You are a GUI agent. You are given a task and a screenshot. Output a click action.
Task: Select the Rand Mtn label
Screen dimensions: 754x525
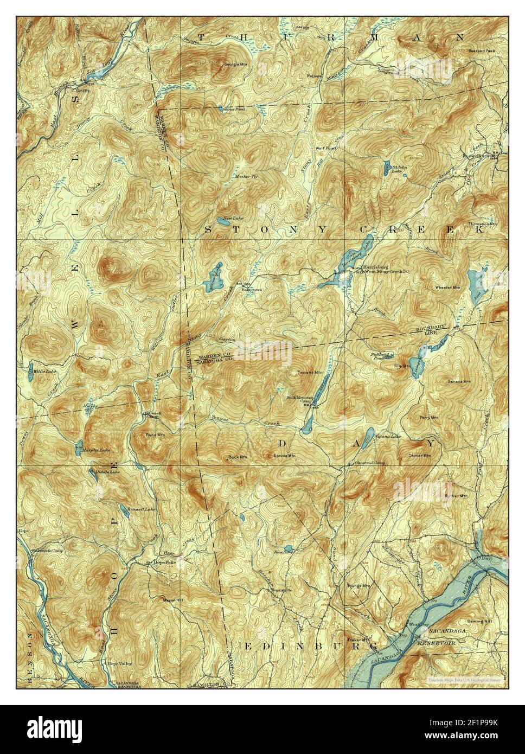tap(155, 435)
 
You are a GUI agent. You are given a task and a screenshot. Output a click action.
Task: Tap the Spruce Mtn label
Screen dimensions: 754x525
tap(284, 456)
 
